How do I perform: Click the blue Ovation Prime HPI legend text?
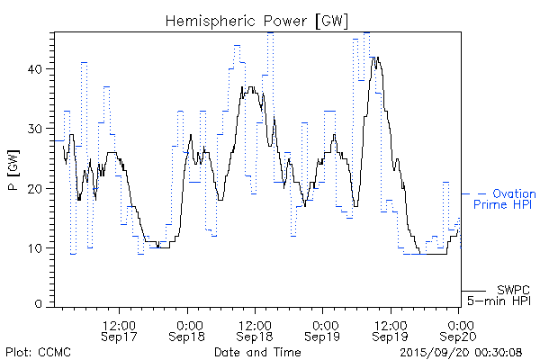510,200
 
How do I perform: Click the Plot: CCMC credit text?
38,351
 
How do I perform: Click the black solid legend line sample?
473,291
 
